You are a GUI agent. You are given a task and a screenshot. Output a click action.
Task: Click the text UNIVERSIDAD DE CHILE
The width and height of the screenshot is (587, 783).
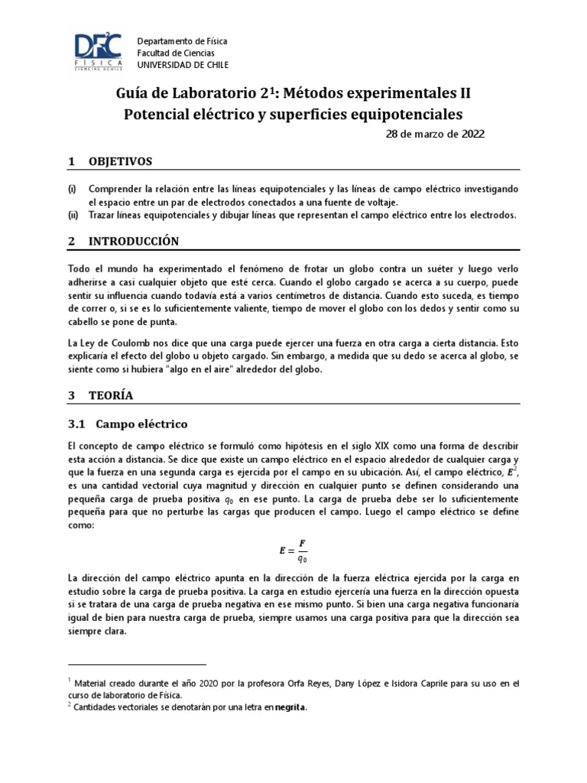click(x=182, y=66)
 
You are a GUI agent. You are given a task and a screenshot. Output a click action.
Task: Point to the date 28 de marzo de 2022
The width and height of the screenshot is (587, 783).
click(x=435, y=134)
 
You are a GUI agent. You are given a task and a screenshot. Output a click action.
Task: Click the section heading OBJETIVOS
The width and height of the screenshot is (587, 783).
click(x=121, y=161)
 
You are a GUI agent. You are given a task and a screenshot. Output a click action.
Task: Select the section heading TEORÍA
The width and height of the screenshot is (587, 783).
click(x=111, y=395)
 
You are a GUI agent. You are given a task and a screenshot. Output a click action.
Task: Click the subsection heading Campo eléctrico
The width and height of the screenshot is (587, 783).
click(x=138, y=423)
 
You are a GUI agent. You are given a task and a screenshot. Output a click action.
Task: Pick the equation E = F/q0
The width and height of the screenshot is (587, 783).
click(x=293, y=551)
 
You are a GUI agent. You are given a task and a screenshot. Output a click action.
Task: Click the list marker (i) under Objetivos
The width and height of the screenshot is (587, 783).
click(x=73, y=188)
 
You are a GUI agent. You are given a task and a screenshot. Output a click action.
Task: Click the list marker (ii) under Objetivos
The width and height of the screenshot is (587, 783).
click(x=73, y=215)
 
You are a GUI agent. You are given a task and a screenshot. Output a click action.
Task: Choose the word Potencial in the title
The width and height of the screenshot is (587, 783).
click(x=161, y=115)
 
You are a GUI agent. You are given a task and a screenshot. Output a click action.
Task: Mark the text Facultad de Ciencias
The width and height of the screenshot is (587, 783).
click(x=177, y=53)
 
